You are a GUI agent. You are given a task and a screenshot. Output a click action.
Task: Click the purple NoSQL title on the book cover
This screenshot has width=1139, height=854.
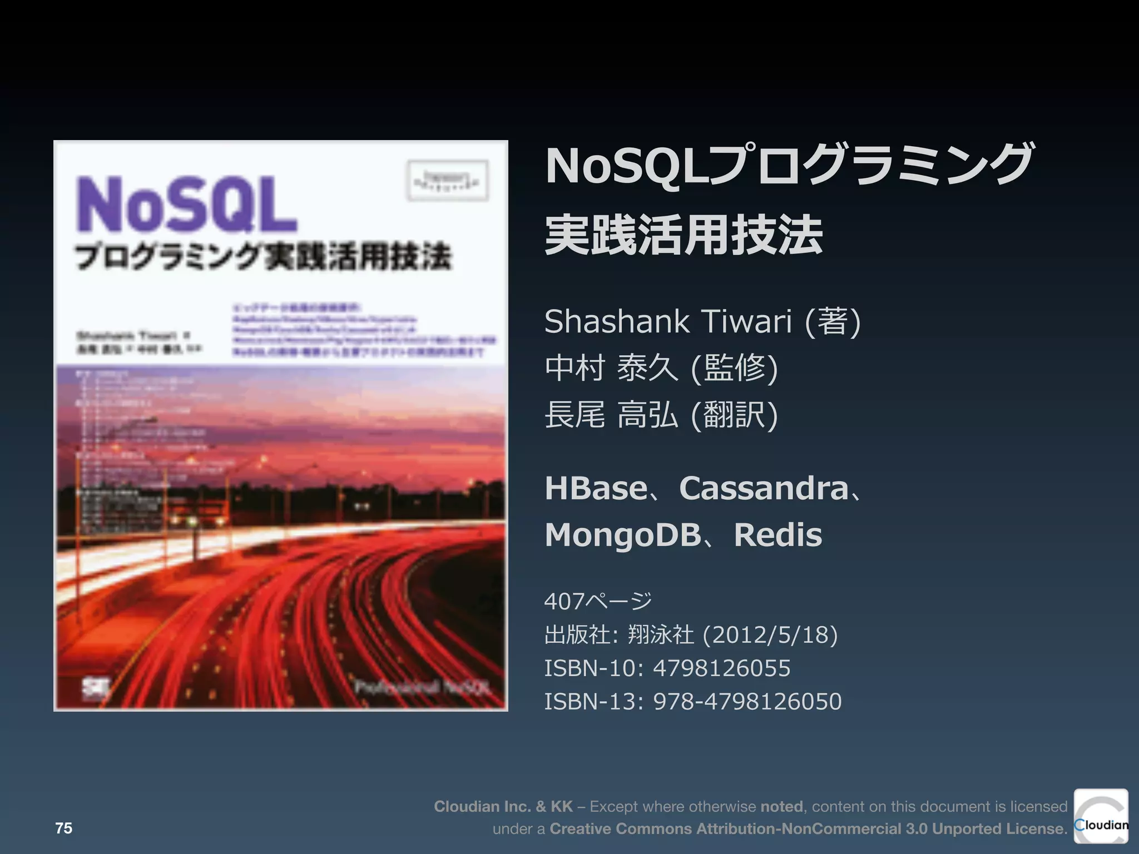186,205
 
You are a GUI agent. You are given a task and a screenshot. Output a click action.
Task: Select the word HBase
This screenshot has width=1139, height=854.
596,488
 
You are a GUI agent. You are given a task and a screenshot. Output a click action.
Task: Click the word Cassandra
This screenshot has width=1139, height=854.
764,488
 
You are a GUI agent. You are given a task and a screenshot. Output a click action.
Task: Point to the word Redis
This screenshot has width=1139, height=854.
778,535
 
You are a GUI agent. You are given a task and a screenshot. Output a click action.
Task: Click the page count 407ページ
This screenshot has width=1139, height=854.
598,601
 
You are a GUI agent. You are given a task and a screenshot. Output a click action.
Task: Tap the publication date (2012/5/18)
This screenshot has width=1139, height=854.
770,634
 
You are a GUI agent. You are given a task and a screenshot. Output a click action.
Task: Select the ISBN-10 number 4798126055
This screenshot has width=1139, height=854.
721,668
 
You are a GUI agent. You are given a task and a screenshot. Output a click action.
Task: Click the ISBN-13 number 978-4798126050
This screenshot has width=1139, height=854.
747,701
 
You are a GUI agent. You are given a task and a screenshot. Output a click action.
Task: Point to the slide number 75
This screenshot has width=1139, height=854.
64,828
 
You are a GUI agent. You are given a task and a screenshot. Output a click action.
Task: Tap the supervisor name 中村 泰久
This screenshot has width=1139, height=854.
611,368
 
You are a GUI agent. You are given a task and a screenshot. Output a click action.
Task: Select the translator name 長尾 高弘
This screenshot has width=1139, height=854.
611,415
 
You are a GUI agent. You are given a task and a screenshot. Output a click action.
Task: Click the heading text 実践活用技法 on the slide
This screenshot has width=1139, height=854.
684,235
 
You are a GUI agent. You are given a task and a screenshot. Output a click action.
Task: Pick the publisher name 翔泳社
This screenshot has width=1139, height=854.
660,634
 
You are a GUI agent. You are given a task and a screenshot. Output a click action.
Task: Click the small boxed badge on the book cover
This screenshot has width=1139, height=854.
448,180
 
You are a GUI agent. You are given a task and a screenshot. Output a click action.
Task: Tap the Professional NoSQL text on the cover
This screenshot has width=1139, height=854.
423,687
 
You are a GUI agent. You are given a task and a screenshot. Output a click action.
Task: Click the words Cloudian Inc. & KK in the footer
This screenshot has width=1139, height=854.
503,806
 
